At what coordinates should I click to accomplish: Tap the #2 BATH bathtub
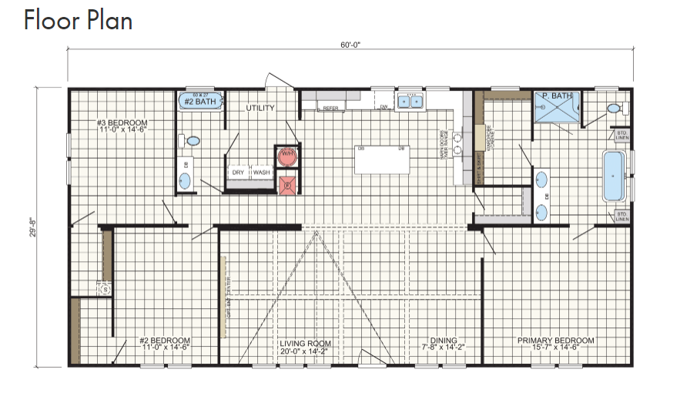coord(200,100)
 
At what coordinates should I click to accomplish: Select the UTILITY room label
coord(260,109)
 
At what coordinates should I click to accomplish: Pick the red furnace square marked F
coord(287,183)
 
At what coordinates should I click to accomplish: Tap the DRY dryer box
coord(238,173)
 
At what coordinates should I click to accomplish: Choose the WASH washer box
coord(262,173)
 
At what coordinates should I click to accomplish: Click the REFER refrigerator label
coord(331,109)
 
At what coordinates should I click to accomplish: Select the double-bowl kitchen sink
coord(409,101)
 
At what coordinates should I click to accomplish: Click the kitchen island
coord(382,160)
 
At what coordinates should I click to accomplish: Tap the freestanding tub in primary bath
coord(614,176)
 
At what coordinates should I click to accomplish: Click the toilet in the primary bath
coord(615,109)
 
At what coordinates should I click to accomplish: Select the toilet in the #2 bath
coord(191,141)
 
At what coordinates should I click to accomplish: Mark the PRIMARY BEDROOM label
coord(555,341)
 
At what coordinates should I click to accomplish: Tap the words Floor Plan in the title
coord(78,21)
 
